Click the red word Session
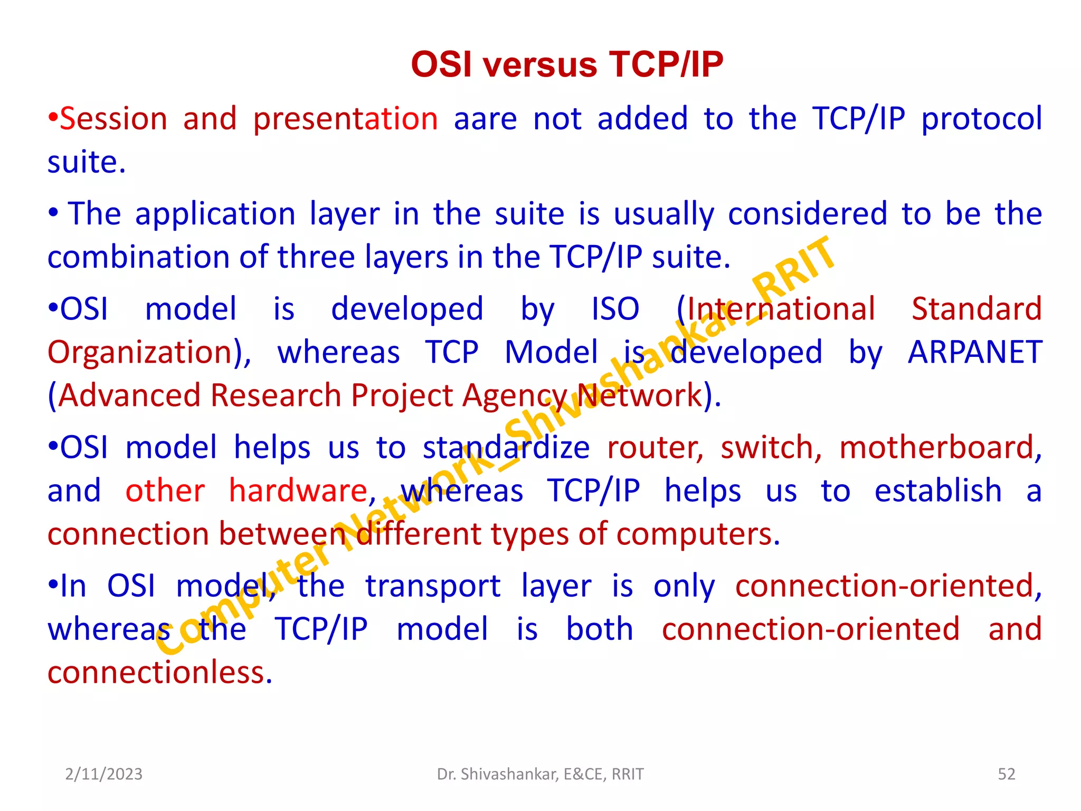(x=113, y=119)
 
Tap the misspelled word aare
(x=485, y=119)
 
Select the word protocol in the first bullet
(x=981, y=119)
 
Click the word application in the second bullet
(x=215, y=215)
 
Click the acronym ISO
(x=615, y=309)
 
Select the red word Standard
(x=976, y=309)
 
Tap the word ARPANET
(x=975, y=353)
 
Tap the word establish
(x=938, y=491)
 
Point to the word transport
(x=433, y=587)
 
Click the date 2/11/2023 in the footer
(x=103, y=774)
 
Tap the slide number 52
(x=1006, y=774)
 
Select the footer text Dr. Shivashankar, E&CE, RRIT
(x=540, y=774)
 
